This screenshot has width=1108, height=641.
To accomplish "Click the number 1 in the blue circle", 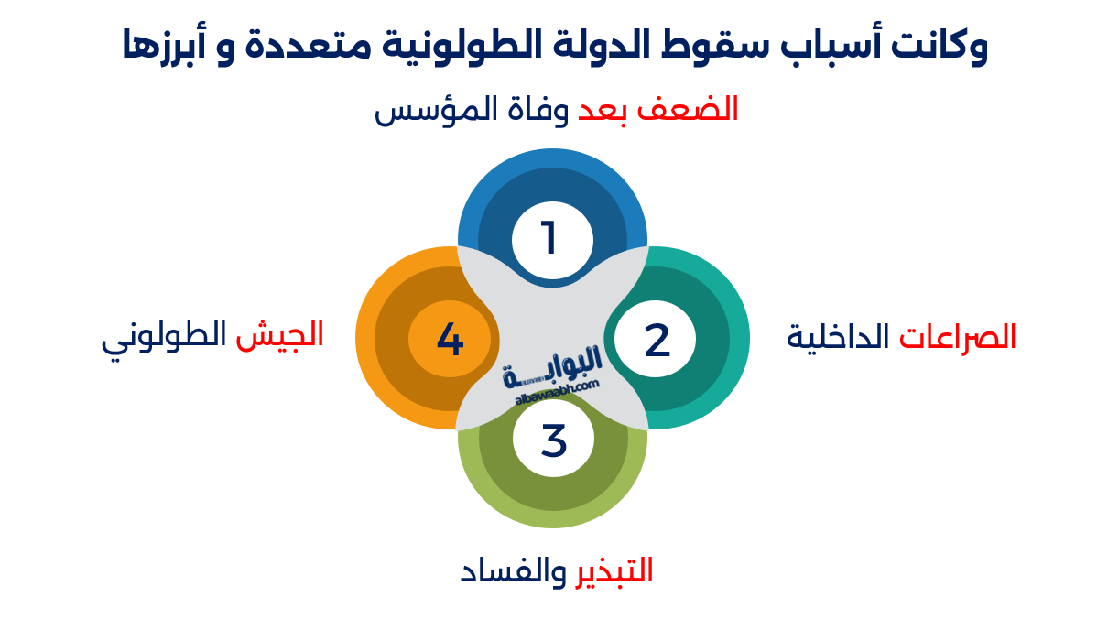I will tap(549, 239).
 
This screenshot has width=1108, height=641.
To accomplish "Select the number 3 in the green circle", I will tap(554, 440).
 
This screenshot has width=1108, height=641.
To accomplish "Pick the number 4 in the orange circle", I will tap(450, 340).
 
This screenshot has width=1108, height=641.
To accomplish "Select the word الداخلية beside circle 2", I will tap(839, 337).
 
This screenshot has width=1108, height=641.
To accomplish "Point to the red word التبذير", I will tap(614, 571).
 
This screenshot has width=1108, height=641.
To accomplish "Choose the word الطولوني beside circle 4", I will tap(164, 337).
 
